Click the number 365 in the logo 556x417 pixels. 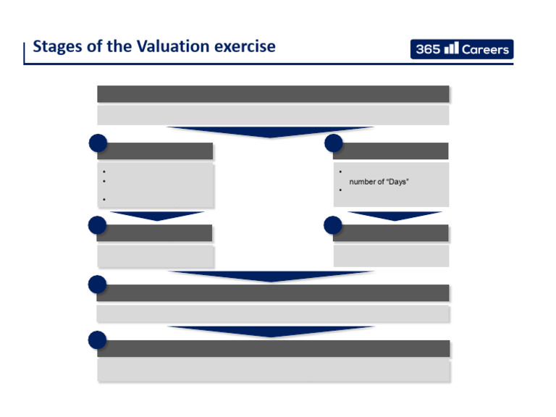coord(427,50)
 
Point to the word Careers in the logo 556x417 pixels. coord(486,50)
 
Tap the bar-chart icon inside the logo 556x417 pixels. coord(452,49)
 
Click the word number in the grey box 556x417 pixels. coord(363,182)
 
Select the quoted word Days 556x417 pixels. coord(397,182)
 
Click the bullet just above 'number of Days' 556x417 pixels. coord(340,172)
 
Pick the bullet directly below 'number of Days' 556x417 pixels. coord(340,190)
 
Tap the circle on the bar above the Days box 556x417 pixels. coord(334,143)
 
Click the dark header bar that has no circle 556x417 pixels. coord(273,94)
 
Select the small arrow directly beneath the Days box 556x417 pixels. coord(395,216)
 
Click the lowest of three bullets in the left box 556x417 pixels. coord(105,199)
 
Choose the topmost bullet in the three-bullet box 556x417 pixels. coord(105,172)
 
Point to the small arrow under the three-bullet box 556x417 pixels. coord(157,216)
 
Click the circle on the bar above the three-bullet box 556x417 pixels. coord(98,143)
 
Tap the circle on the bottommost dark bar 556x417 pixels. coord(98,340)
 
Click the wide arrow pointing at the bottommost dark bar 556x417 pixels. coord(271,331)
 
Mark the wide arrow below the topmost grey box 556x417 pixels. coord(270,132)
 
